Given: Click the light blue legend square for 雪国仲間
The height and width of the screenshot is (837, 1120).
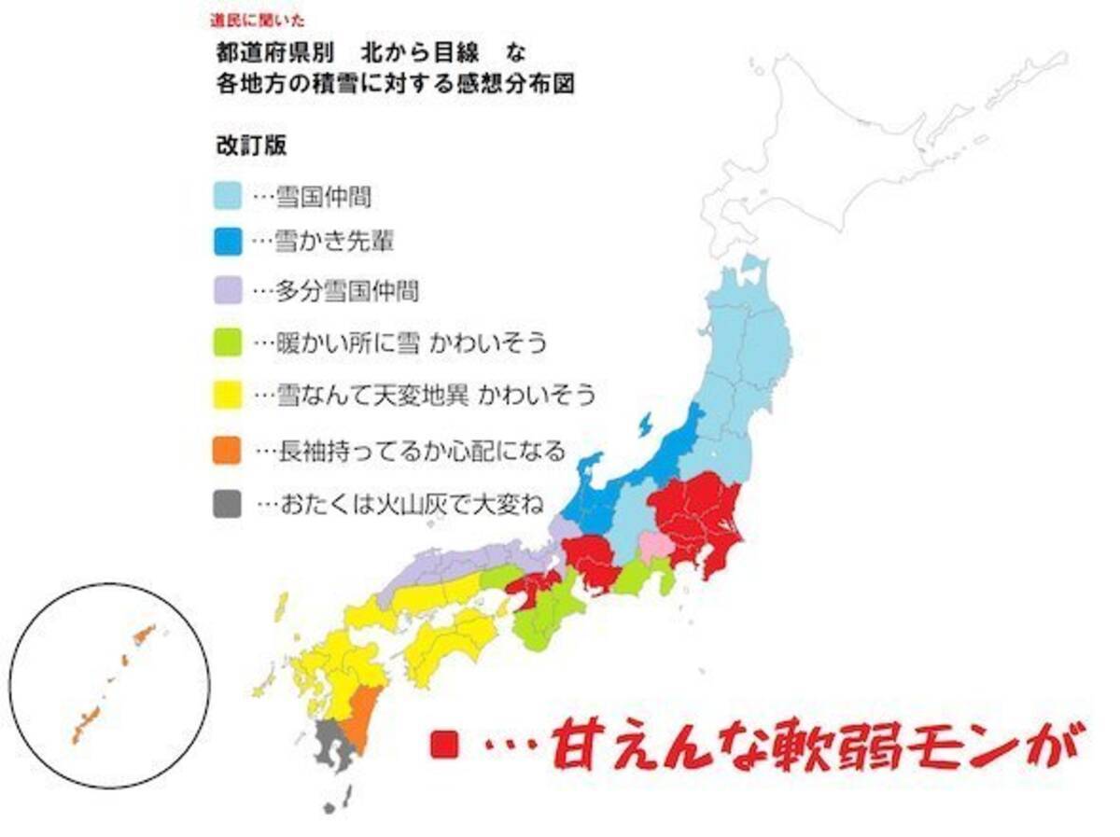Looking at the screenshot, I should (228, 196).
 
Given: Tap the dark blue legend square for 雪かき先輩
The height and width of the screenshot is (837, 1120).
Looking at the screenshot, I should (228, 242).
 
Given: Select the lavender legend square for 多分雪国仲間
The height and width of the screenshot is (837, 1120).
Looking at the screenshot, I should (228, 290).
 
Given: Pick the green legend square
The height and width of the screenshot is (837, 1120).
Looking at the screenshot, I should (228, 342).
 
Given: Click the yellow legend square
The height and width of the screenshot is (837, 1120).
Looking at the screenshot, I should (228, 396).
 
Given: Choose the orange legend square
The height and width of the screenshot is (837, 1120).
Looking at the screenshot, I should (228, 451).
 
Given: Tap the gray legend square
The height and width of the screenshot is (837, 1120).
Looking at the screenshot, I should (228, 505).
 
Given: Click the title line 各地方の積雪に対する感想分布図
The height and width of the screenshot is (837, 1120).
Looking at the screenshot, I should (392, 83).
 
